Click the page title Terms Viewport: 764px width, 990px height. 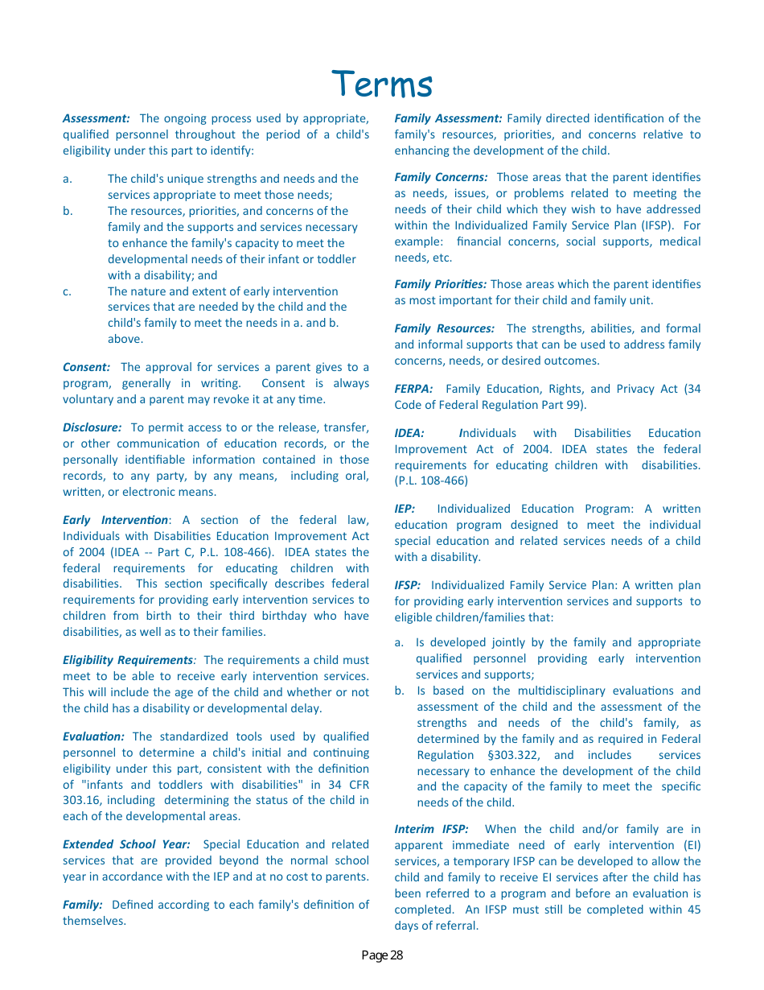point(382,84)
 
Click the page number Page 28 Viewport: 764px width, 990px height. point(382,955)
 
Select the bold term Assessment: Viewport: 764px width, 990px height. point(96,118)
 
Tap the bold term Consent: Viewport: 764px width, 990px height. point(86,367)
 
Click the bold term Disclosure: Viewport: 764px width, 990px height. point(92,427)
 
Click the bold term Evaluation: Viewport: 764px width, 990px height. point(93,736)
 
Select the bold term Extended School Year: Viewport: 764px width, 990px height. point(126,844)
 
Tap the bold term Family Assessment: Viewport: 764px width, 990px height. point(448,118)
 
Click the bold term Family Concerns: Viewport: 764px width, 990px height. point(441,177)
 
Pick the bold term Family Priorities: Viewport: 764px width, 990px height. point(440,284)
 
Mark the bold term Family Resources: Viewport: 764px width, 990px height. point(444,328)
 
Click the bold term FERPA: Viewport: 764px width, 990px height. point(413,389)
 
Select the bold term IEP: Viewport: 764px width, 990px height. point(405,509)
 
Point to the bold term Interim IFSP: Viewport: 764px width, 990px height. point(431,829)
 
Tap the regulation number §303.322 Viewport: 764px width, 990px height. point(513,755)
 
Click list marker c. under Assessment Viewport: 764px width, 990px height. point(68,291)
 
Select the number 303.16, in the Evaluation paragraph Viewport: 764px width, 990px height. point(84,800)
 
